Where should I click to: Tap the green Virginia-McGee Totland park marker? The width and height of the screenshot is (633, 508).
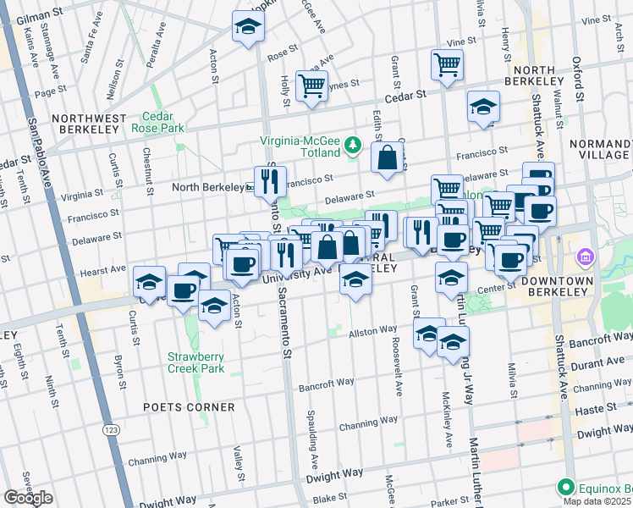353,147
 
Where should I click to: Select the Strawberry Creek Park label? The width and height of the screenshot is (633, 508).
195,362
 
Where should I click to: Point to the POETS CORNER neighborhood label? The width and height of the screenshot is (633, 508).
201,407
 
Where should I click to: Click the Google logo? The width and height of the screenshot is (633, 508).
28,498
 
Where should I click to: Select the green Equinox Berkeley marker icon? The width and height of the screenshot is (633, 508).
565,487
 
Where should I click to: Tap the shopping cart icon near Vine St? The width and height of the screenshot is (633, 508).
447,63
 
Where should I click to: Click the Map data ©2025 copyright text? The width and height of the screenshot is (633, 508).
597,501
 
